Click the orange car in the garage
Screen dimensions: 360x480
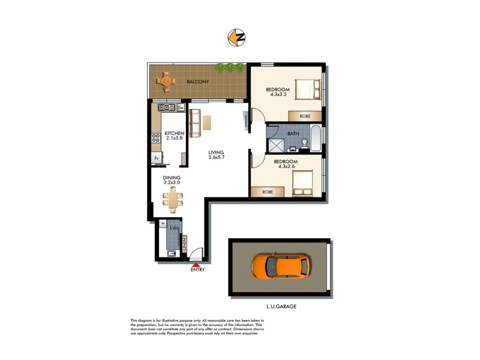point(280,266)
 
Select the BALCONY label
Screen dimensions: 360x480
point(197,81)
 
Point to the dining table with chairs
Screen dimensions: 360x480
point(173,198)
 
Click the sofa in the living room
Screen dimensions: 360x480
point(194,123)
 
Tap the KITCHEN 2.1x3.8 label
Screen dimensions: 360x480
point(173,136)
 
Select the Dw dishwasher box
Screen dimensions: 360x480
point(180,108)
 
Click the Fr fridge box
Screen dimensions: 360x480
point(157,158)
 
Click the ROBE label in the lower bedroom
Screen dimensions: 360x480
point(268,192)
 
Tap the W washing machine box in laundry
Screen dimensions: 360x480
point(163,224)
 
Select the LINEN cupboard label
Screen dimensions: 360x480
point(185,244)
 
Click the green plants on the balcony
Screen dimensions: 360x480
point(230,67)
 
